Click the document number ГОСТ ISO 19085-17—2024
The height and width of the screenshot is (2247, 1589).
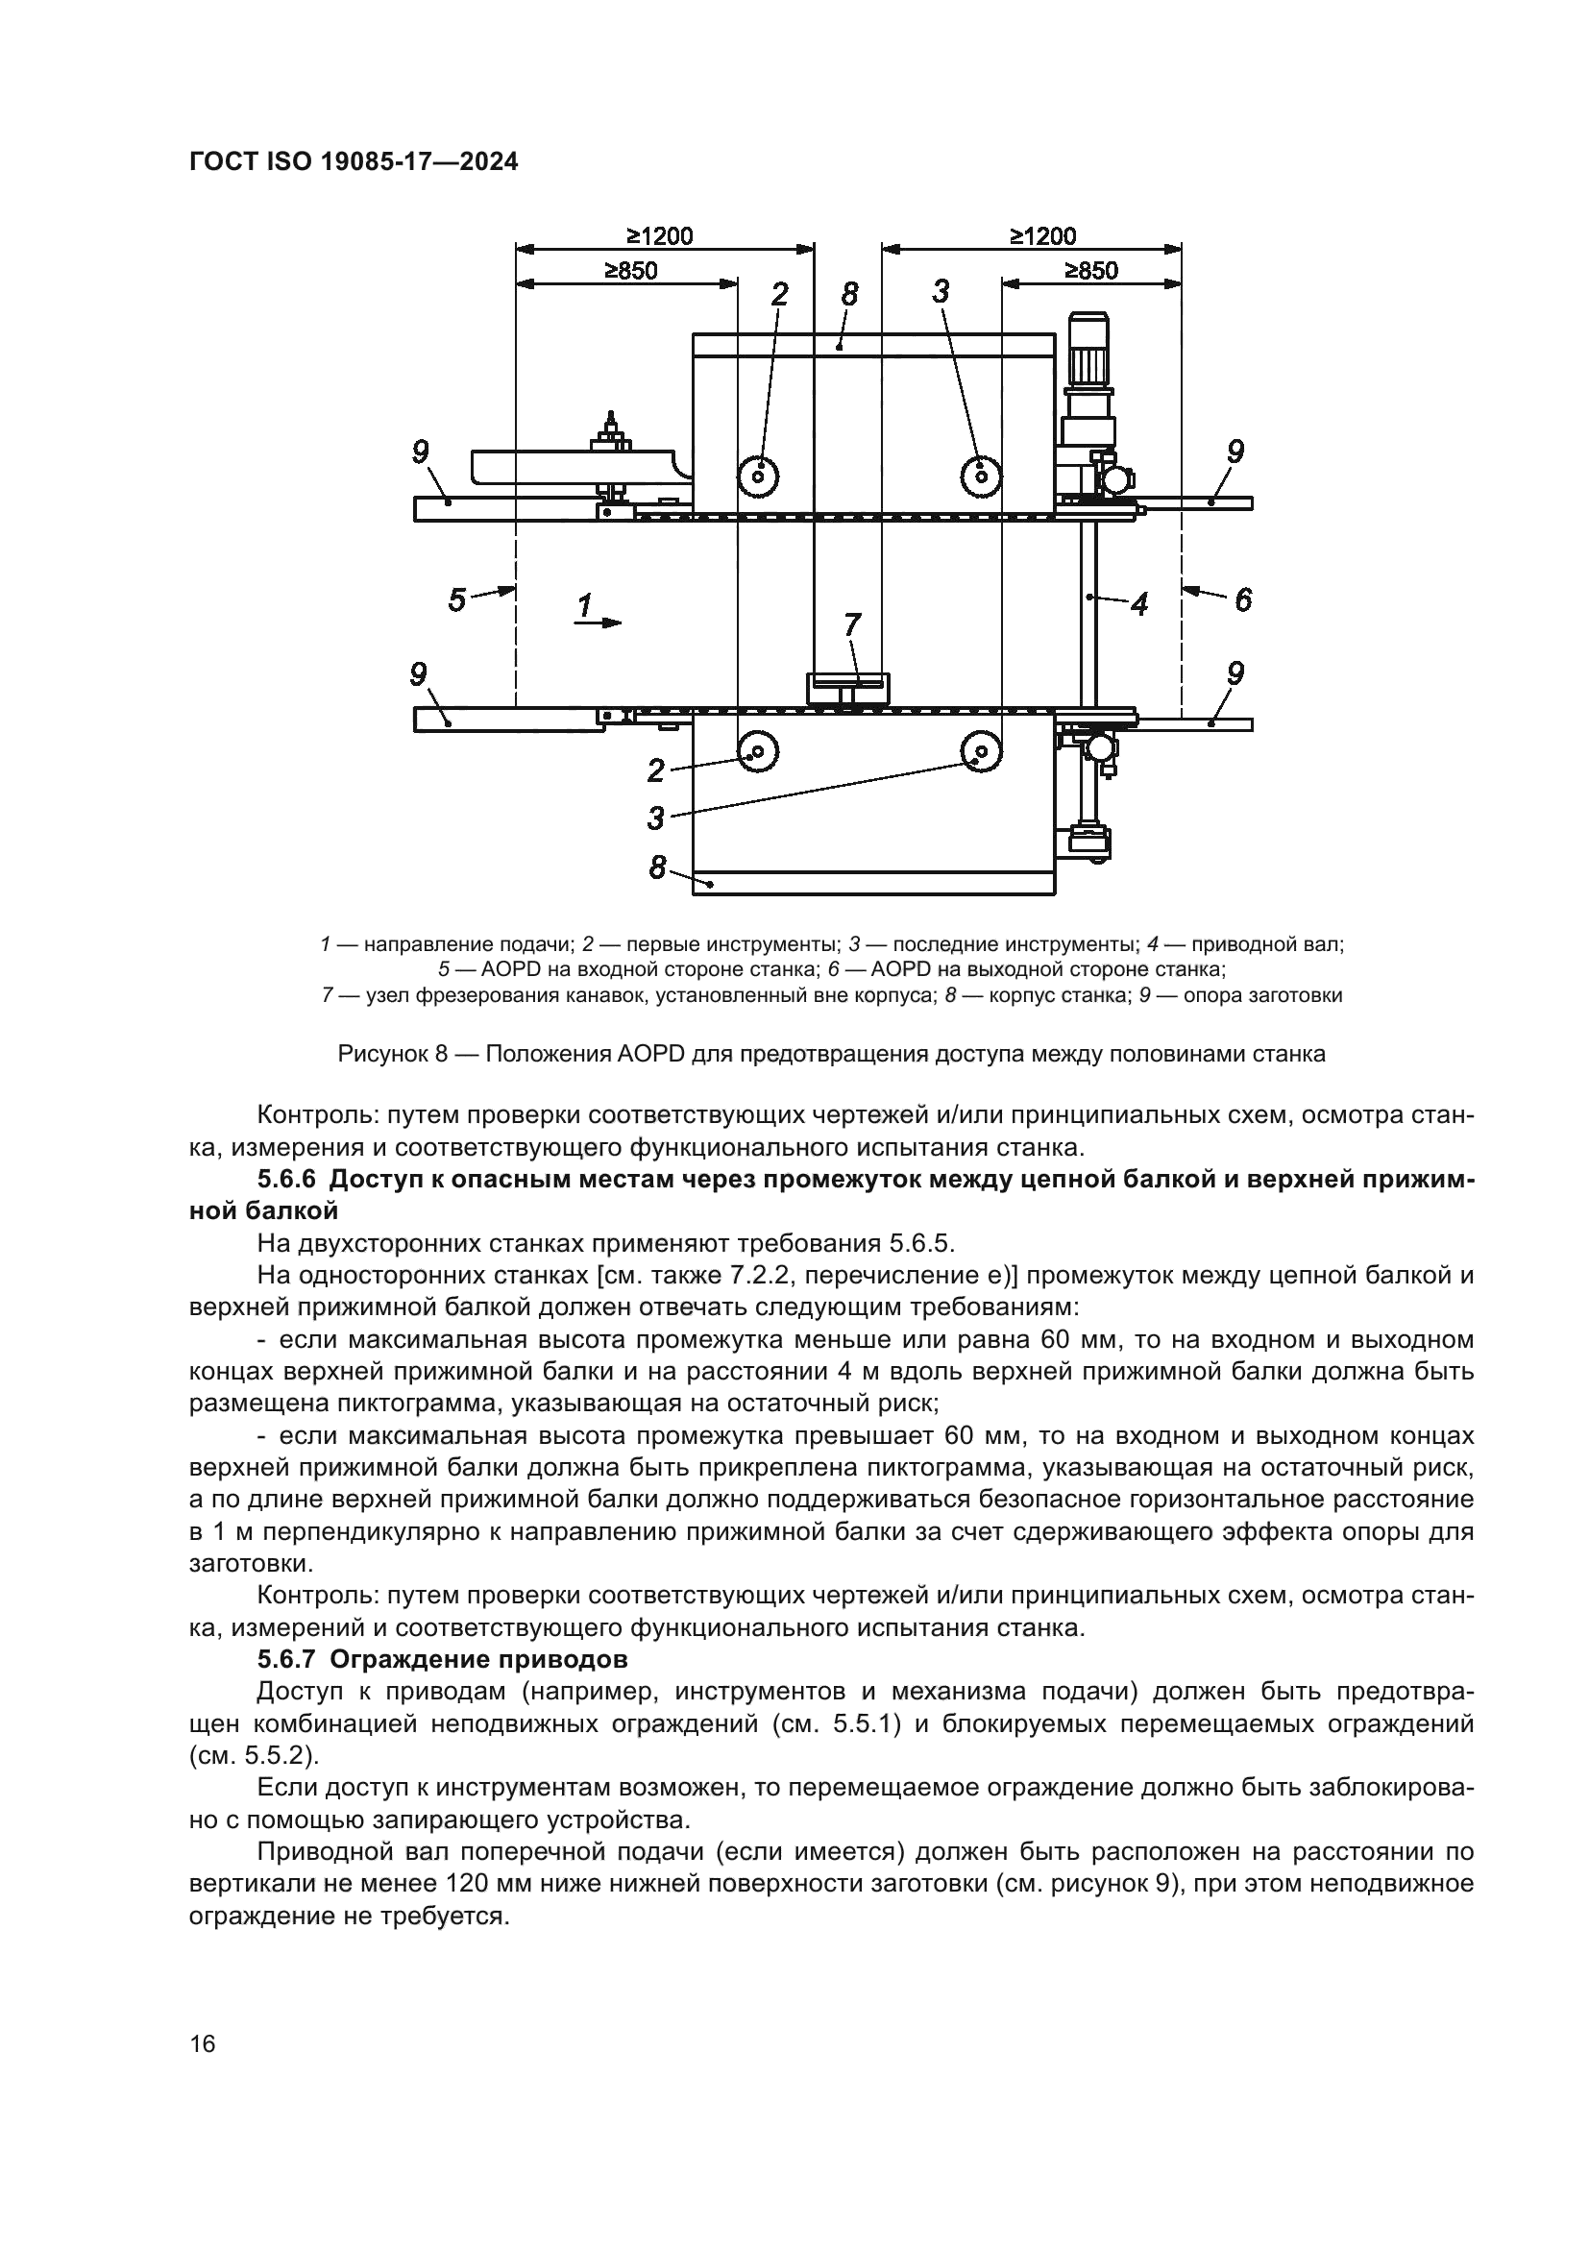pos(354,161)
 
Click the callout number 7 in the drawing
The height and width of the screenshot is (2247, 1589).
pos(851,625)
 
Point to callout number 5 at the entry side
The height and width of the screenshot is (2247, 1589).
pos(457,598)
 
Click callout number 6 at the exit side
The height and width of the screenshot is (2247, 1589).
pos(1242,598)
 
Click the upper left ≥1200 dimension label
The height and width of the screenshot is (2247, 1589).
pos(659,236)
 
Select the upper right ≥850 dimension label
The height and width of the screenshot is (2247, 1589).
pos(1091,270)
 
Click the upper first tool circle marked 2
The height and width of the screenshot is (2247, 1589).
pos(759,476)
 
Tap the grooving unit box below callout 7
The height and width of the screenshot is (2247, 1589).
pos(847,687)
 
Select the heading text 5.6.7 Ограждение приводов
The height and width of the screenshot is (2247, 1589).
pos(442,1660)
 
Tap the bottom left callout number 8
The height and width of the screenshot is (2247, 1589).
pos(657,867)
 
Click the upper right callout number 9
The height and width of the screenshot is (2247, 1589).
pos(1235,452)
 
